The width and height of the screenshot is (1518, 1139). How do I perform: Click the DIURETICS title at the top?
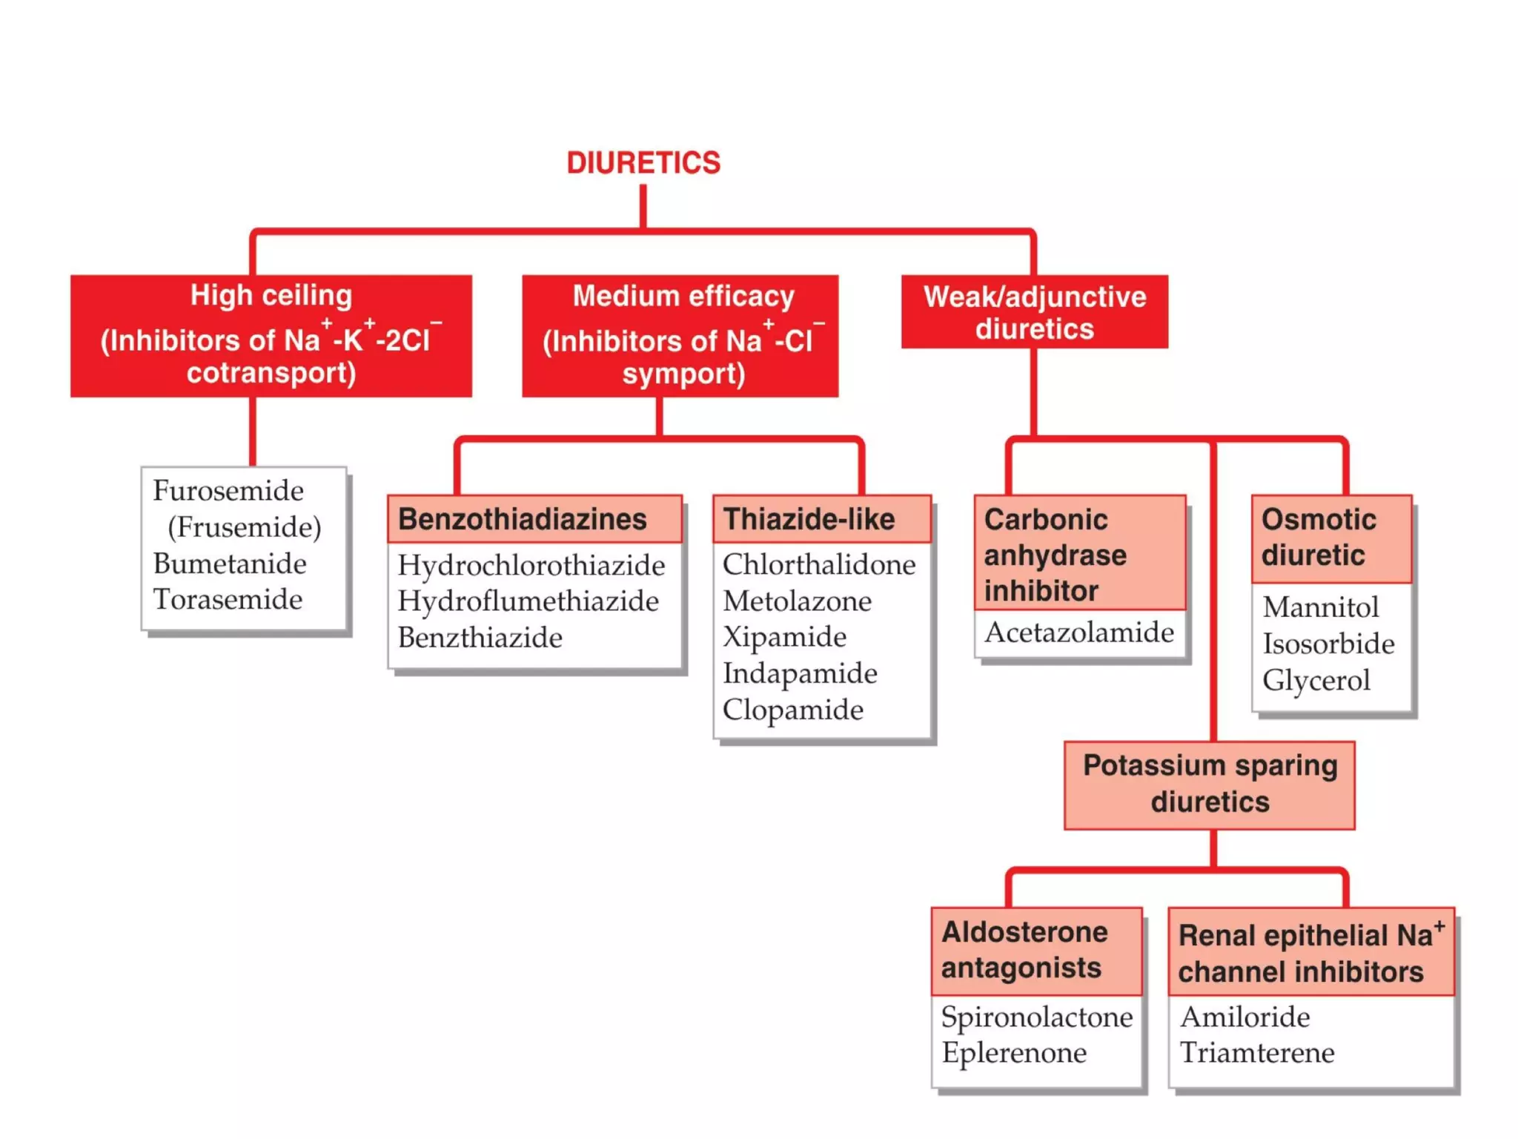[643, 163]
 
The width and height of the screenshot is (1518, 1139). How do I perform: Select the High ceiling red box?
[271, 335]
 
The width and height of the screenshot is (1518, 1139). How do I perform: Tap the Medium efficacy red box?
[680, 336]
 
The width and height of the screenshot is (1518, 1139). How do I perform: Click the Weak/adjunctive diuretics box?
[1034, 312]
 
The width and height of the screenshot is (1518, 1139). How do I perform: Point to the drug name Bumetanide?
[229, 564]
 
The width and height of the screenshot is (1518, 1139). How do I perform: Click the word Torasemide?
[228, 599]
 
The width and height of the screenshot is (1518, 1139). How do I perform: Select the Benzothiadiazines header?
[523, 519]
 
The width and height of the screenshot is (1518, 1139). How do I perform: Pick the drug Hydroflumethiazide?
[528, 601]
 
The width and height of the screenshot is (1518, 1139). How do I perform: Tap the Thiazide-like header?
[809, 519]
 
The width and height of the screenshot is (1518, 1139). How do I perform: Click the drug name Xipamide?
[784, 637]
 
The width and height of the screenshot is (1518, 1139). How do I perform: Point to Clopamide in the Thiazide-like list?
[792, 710]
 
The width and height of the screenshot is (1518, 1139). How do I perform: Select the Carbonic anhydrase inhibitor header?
[1055, 555]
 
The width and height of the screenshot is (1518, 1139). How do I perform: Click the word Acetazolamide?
[1078, 633]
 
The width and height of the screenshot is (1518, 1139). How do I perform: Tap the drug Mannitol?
[1320, 607]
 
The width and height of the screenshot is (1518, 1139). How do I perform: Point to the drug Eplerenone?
[1013, 1052]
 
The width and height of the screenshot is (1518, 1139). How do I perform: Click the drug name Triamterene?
[1256, 1052]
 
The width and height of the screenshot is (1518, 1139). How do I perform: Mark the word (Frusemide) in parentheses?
[244, 527]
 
